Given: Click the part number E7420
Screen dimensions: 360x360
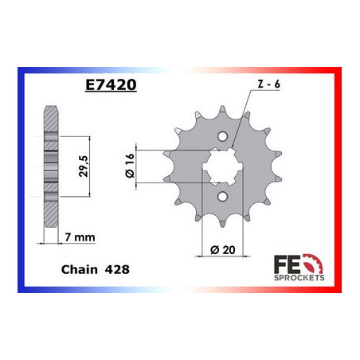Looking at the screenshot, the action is click(x=111, y=84).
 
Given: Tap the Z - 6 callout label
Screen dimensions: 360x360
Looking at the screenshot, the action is click(x=268, y=84).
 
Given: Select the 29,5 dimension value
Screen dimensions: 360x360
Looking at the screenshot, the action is click(x=83, y=166).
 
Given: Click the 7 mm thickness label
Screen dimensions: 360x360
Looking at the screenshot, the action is click(x=80, y=237).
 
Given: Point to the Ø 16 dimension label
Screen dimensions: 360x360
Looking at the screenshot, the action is click(x=130, y=166).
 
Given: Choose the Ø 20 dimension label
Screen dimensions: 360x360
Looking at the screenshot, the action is click(x=223, y=250).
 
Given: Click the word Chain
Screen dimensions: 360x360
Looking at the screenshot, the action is click(x=80, y=269).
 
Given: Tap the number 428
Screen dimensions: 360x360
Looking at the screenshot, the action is click(x=117, y=270).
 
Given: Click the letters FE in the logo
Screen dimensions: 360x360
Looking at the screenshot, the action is click(x=287, y=264).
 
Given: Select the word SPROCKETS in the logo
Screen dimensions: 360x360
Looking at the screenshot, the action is click(x=299, y=278).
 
